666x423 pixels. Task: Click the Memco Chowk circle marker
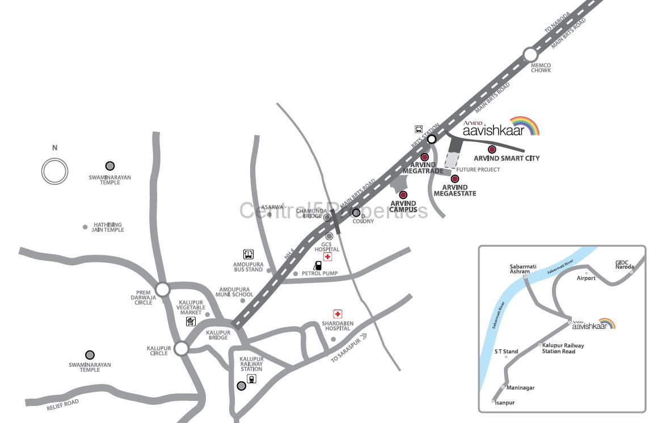pyautogui.click(x=530, y=55)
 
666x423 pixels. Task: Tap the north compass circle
pyautogui.click(x=54, y=171)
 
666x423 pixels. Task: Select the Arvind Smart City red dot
pyautogui.click(x=492, y=150)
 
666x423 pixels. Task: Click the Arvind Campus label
pyautogui.click(x=403, y=206)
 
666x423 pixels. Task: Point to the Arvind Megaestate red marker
pyautogui.click(x=455, y=179)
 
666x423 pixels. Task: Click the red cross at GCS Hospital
pyautogui.click(x=327, y=257)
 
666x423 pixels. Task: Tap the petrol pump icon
pyautogui.click(x=318, y=265)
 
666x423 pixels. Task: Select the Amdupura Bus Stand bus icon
pyautogui.click(x=248, y=254)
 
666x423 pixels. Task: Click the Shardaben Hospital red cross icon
pyautogui.click(x=338, y=314)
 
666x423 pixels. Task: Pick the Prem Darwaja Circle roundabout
pyautogui.click(x=163, y=289)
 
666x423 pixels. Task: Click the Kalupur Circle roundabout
pyautogui.click(x=181, y=348)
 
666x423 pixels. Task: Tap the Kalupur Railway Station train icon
pyautogui.click(x=251, y=379)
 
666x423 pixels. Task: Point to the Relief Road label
pyautogui.click(x=62, y=404)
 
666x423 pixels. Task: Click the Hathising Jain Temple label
pyautogui.click(x=108, y=227)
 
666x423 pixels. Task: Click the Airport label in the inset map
pyautogui.click(x=586, y=278)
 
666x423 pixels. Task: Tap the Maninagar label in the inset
pyautogui.click(x=520, y=388)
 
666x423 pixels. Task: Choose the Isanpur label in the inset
pyautogui.click(x=504, y=403)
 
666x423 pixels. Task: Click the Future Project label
pyautogui.click(x=478, y=170)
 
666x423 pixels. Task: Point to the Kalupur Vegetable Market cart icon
pyautogui.click(x=191, y=322)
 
